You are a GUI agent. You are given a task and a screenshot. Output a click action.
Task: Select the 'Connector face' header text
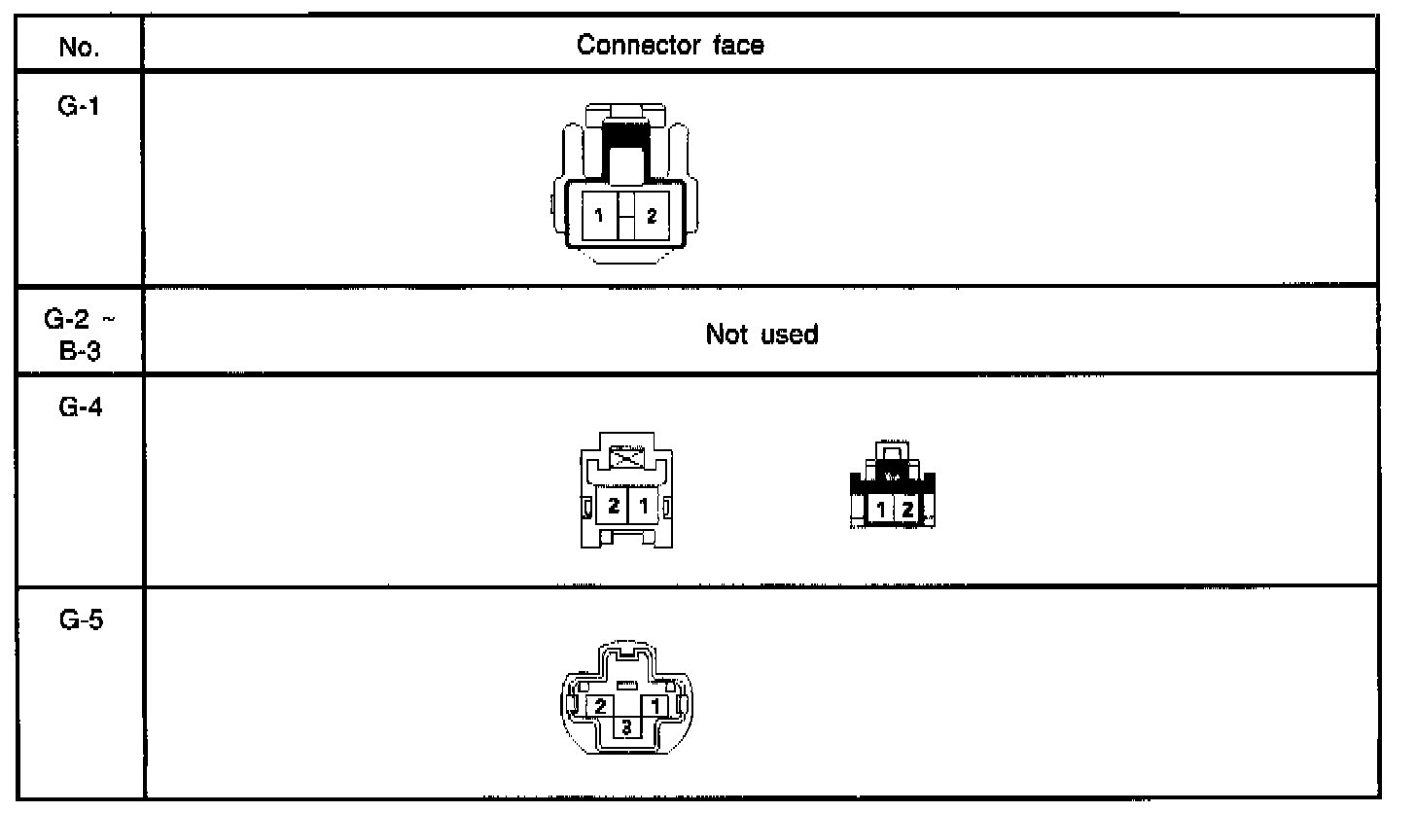[671, 45]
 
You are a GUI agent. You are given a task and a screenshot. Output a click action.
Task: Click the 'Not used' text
[761, 336]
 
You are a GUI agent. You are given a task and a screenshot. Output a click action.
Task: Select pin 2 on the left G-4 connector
[614, 507]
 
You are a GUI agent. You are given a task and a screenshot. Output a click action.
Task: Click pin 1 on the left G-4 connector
[643, 507]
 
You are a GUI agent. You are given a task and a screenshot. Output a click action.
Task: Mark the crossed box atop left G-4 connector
[628, 459]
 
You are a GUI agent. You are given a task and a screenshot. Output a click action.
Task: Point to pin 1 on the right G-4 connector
[881, 509]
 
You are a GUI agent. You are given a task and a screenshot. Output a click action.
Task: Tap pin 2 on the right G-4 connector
[906, 509]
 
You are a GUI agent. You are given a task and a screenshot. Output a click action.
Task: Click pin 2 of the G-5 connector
[601, 705]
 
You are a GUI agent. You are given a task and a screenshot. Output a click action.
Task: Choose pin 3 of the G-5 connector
[628, 726]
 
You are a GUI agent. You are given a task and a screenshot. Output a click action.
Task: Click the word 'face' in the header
[741, 45]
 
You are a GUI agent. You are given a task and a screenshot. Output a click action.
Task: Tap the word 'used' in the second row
[793, 336]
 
